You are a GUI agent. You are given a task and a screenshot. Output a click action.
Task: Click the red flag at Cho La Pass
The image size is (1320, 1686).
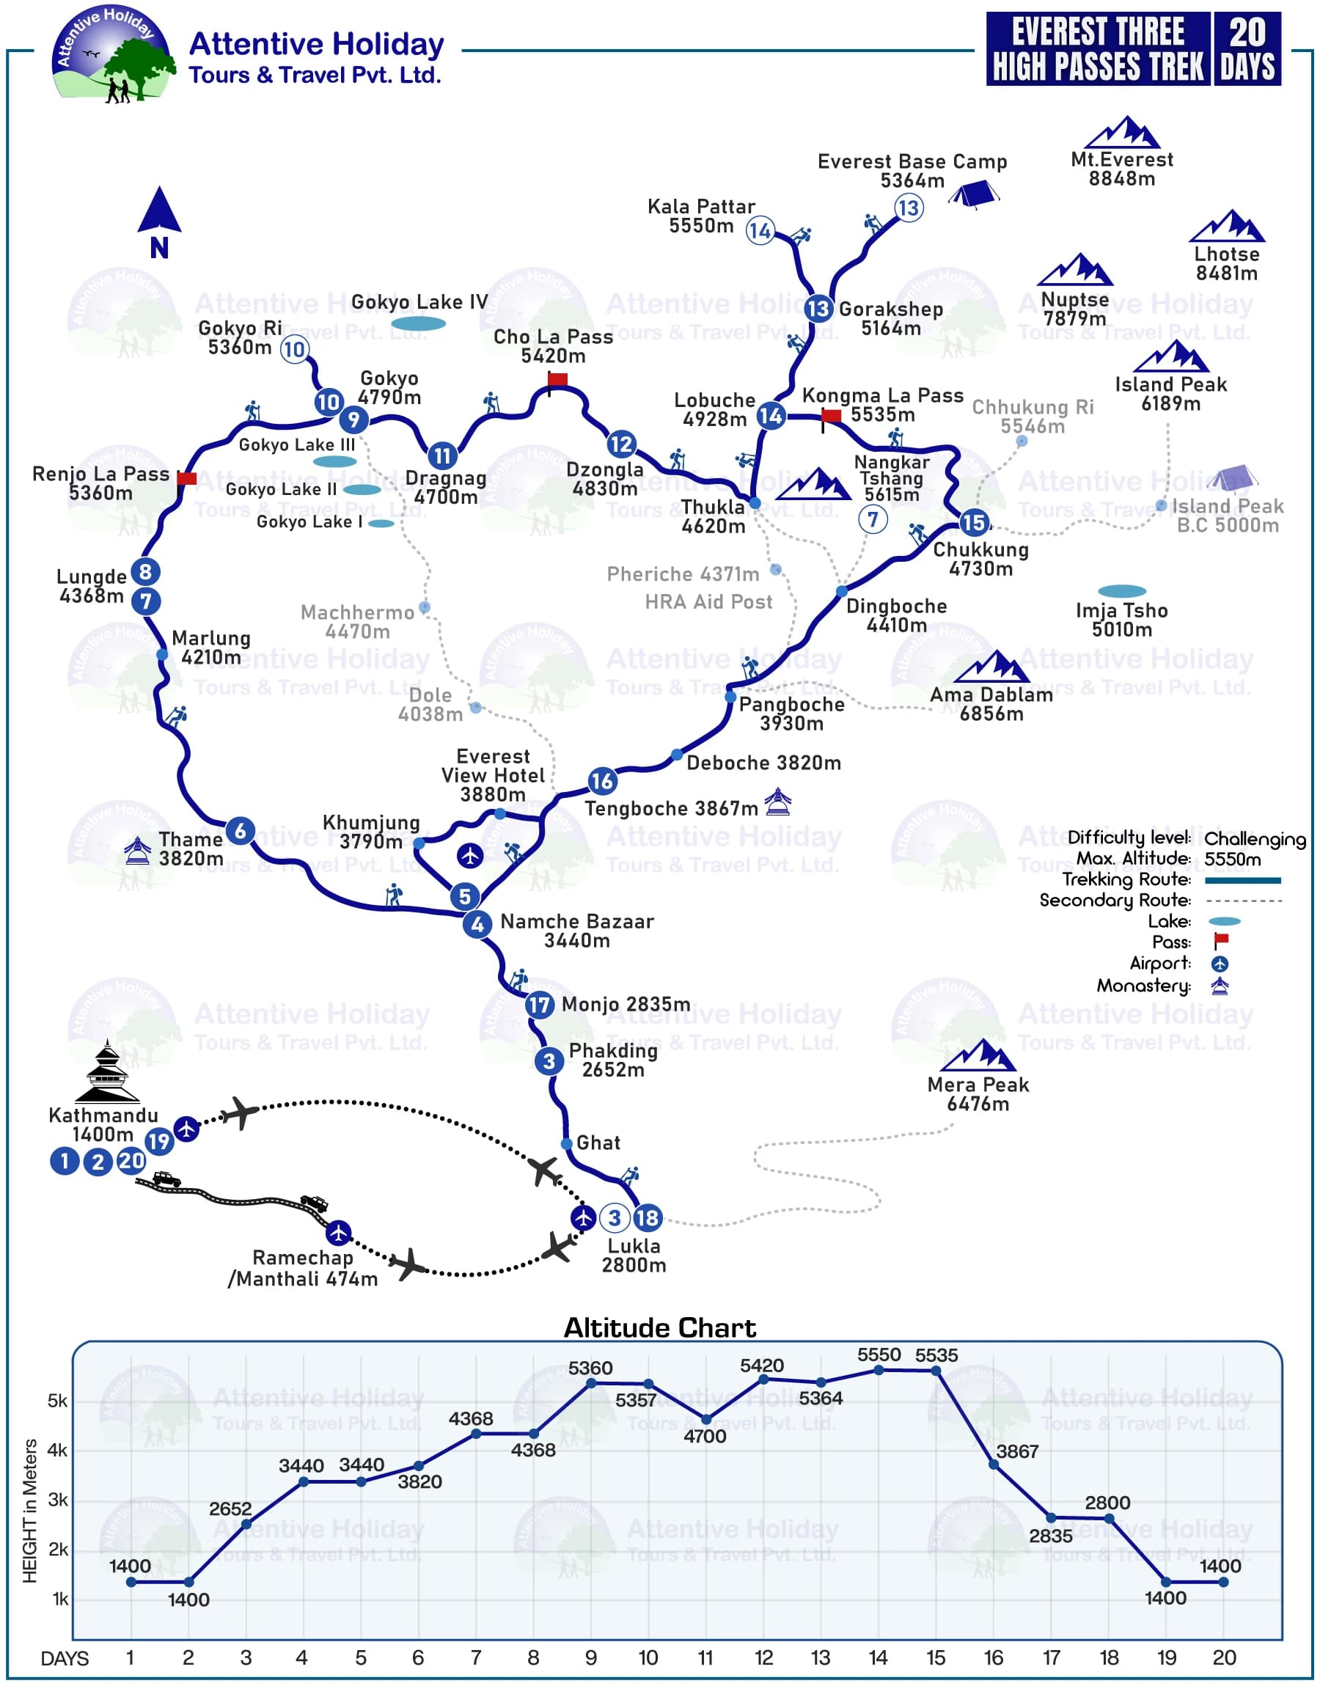[557, 379]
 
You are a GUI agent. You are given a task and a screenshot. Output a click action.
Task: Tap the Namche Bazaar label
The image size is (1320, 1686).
[576, 931]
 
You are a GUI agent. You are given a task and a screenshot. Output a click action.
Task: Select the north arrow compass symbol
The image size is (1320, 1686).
[159, 221]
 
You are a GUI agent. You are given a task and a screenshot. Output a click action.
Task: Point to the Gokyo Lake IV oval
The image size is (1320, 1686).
[418, 323]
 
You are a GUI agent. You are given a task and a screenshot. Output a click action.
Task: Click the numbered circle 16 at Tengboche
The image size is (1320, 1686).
[601, 781]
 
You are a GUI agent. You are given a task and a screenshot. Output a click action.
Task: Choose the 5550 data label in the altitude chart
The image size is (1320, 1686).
[879, 1355]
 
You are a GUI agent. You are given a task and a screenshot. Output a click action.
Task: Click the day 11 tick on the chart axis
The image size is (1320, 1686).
[705, 1657]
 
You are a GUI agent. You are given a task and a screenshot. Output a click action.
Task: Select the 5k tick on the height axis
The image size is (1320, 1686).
[58, 1401]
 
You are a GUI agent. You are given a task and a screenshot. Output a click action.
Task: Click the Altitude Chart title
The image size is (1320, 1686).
[659, 1327]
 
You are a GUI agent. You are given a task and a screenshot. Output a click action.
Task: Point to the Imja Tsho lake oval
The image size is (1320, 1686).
[1121, 591]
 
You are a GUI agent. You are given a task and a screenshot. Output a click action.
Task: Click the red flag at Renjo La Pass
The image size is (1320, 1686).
[186, 478]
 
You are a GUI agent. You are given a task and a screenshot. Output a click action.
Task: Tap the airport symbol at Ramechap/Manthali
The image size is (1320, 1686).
[339, 1233]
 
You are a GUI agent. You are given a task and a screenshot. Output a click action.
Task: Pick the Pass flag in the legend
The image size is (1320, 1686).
[1221, 941]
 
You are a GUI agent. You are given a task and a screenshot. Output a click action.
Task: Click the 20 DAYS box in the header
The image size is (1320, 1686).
[1247, 48]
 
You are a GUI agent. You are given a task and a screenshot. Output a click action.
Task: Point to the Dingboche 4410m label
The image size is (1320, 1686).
[896, 615]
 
